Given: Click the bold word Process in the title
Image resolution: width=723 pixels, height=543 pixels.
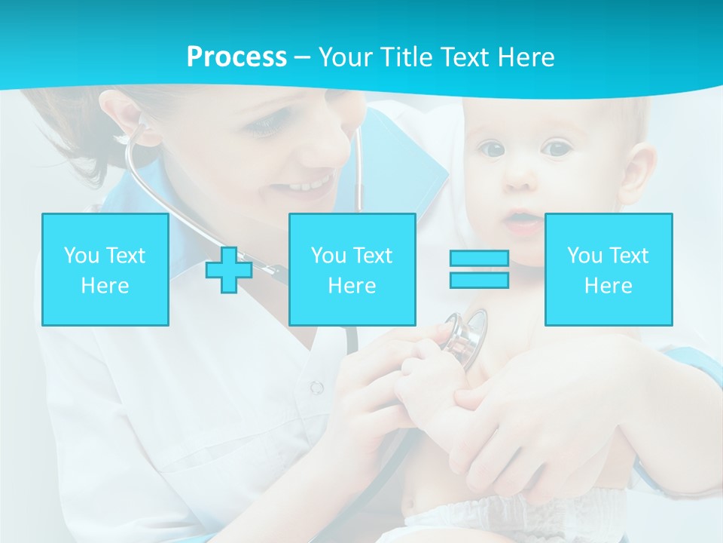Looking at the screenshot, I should click(x=236, y=57).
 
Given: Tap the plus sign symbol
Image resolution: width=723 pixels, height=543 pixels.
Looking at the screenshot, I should click(x=229, y=270).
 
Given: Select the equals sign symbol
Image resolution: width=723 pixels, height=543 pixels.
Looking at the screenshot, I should click(x=479, y=269).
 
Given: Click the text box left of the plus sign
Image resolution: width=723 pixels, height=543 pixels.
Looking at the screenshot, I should click(x=105, y=269).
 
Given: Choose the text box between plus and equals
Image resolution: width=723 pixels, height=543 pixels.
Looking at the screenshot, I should click(x=352, y=269).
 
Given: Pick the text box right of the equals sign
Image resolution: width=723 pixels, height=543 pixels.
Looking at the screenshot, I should click(x=609, y=269).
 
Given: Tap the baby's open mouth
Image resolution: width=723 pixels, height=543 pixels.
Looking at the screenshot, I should click(x=521, y=220).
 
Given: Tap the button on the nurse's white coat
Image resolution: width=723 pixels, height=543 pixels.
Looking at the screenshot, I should click(x=317, y=388).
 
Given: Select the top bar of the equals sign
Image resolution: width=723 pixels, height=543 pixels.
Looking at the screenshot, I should click(x=479, y=258).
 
